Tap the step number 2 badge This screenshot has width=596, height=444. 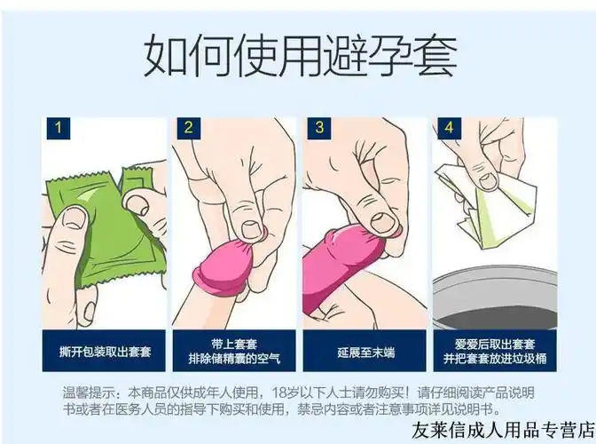click(x=187, y=128)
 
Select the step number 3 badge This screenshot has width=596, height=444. click(x=318, y=128)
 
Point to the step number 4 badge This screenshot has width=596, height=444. click(x=448, y=128)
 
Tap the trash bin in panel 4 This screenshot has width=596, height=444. click(x=497, y=284)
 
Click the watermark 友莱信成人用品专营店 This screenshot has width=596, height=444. click(x=502, y=429)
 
